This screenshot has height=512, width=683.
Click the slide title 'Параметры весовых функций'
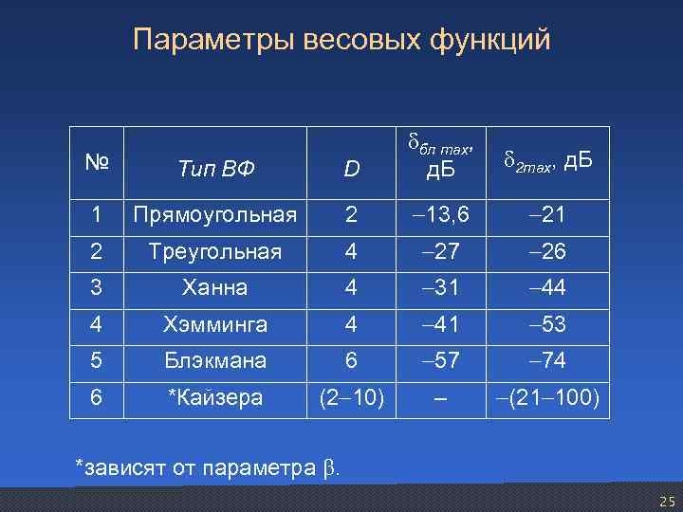pos(341,40)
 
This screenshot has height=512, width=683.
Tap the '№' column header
pos(96,162)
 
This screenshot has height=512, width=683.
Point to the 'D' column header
pos(352,170)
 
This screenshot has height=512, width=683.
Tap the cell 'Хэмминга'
pos(215,324)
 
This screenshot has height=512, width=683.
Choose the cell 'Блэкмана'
pos(215,360)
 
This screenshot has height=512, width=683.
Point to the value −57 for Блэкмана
pos(438,360)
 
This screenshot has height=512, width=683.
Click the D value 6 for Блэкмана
pos(352,360)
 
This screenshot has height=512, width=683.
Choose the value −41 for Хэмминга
pos(438,324)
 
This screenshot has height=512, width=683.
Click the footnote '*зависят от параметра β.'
pos(210,466)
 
